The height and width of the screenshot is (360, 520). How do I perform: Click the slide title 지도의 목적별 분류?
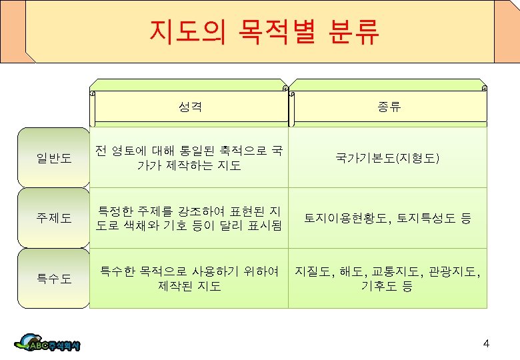point(265,31)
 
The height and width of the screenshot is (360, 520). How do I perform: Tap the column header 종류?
point(387,106)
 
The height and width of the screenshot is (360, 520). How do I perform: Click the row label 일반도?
point(54,158)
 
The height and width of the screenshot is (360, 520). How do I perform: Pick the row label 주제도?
point(54,217)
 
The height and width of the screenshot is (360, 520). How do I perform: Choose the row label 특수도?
point(54,278)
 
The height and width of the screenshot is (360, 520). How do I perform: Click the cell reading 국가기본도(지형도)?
point(387,158)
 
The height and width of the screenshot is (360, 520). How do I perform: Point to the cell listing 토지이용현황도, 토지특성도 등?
point(387,218)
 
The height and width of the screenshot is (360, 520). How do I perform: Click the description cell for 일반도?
point(189,158)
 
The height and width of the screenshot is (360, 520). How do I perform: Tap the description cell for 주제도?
point(189,218)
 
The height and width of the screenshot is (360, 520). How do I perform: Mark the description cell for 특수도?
point(189,279)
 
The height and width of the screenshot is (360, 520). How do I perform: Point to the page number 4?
point(486,343)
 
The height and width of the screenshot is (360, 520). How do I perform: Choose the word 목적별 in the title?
point(273,31)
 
